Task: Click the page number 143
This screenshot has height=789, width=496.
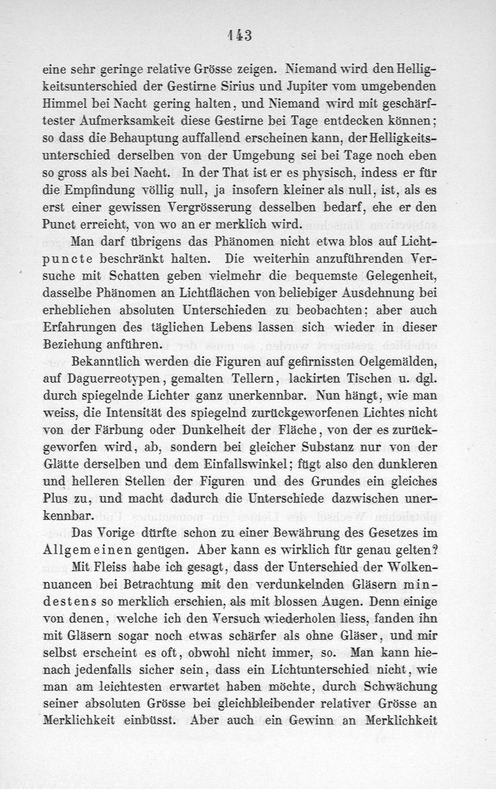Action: point(239,35)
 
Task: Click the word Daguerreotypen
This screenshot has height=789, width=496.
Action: point(118,378)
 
